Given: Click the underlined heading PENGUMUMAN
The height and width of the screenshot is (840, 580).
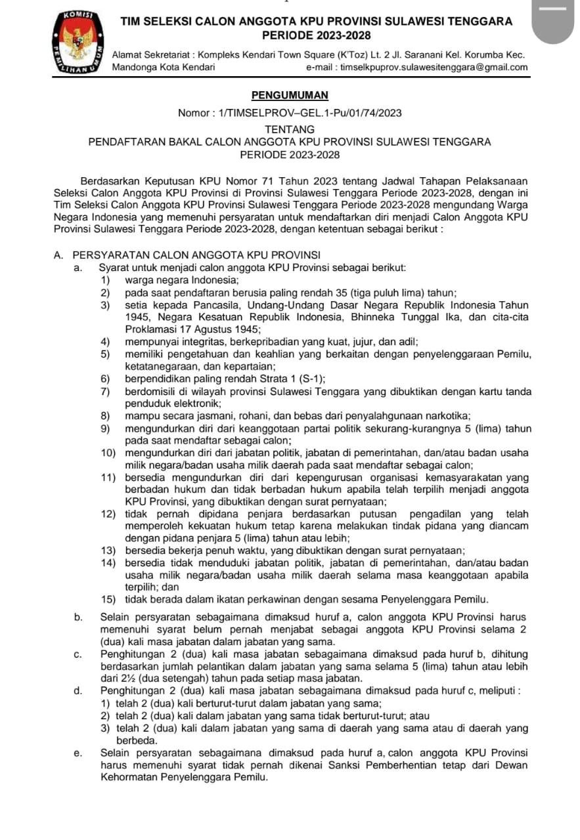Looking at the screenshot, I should (x=290, y=95).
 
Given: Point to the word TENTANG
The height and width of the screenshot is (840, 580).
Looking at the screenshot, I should (x=290, y=129).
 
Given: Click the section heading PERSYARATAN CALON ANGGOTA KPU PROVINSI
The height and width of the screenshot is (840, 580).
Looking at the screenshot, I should (x=196, y=255).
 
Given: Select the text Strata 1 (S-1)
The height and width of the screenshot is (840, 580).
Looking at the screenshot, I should (x=286, y=379).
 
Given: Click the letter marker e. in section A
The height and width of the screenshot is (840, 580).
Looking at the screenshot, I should (x=78, y=752).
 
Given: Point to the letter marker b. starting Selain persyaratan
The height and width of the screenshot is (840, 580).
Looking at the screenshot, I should (x=78, y=617).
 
